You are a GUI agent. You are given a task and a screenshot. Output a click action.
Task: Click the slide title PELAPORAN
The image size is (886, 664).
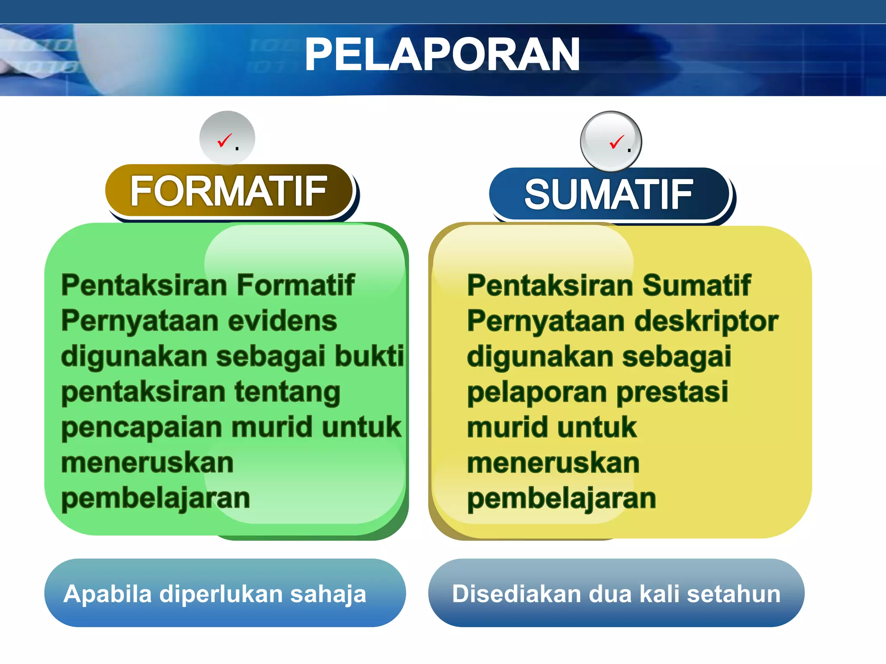click(442, 54)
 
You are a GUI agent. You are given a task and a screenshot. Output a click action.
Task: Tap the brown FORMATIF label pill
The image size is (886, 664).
click(229, 191)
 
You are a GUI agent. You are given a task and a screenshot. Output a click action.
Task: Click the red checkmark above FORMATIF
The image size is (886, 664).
click(225, 140)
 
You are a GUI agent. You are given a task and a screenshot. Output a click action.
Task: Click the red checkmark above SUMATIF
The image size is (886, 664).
click(616, 142)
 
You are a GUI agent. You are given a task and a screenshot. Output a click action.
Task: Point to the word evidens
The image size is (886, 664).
click(282, 321)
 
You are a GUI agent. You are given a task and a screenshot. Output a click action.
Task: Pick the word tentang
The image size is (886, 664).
click(287, 392)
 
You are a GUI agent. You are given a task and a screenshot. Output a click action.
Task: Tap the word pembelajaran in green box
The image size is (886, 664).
click(156, 498)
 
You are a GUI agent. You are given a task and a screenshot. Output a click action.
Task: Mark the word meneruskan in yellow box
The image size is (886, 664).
click(553, 463)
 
